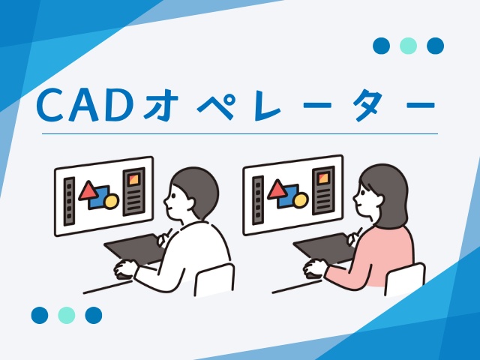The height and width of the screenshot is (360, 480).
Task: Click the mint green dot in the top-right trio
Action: click(408, 46)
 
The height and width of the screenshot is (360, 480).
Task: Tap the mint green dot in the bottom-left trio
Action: click(67, 315)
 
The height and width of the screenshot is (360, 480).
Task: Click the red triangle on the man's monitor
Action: click(88, 191)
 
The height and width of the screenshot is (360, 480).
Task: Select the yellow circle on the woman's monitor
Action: click(300, 200)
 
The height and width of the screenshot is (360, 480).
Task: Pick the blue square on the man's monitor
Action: click(100, 198)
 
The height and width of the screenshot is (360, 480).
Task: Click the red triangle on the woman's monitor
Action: click(277, 190)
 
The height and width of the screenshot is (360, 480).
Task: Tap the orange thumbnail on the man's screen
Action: click(133, 180)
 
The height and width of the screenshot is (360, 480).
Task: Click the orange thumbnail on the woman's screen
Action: click(323, 178)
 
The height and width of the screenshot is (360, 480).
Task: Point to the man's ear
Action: click(189, 204)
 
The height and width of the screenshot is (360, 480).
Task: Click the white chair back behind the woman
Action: click(405, 279)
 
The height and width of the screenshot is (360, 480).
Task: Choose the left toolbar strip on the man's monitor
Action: click(69, 201)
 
